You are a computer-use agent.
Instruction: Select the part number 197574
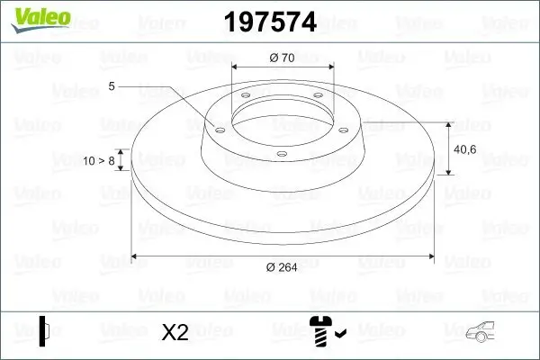263,22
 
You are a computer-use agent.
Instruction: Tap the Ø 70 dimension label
283,58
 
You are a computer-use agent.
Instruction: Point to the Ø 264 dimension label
283,267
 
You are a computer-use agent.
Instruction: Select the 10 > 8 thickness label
98,160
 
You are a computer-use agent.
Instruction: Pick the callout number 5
112,86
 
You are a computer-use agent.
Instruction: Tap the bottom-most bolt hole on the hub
281,154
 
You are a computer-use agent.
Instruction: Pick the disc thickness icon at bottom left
45,330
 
